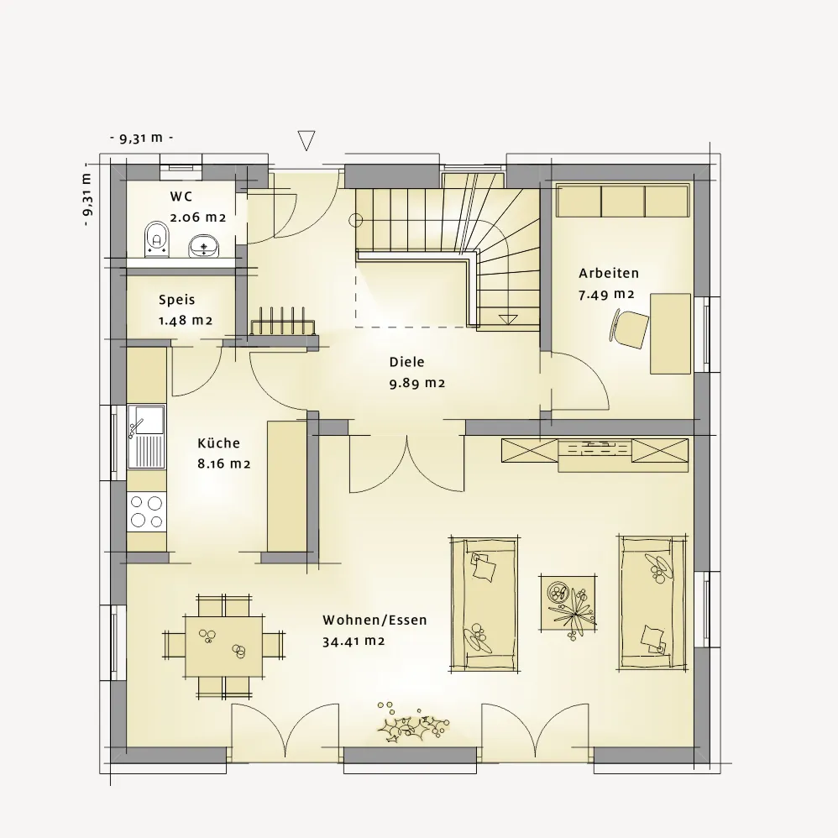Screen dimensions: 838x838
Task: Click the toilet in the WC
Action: [157, 239]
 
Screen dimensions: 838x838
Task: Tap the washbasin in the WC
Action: [203, 245]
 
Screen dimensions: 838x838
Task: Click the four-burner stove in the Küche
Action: [146, 511]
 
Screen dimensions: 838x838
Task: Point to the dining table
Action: [224, 647]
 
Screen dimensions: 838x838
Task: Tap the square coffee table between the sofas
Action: [568, 602]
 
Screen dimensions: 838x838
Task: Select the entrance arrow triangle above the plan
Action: [306, 140]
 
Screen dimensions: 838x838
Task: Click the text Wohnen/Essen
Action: [374, 621]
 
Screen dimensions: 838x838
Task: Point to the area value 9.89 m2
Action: [416, 383]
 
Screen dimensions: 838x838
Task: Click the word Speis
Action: [177, 300]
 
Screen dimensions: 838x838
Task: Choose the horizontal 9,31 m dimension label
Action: [141, 138]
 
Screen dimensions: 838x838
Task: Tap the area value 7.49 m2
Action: [606, 295]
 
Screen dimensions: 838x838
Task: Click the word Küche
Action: [218, 443]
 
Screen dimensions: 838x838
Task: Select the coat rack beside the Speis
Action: [283, 322]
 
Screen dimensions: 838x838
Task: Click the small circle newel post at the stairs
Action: [355, 220]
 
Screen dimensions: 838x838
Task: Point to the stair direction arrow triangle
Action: [508, 320]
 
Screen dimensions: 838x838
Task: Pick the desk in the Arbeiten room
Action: [670, 333]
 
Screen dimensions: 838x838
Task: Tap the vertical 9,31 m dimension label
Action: [87, 199]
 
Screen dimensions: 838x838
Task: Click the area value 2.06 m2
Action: [197, 217]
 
